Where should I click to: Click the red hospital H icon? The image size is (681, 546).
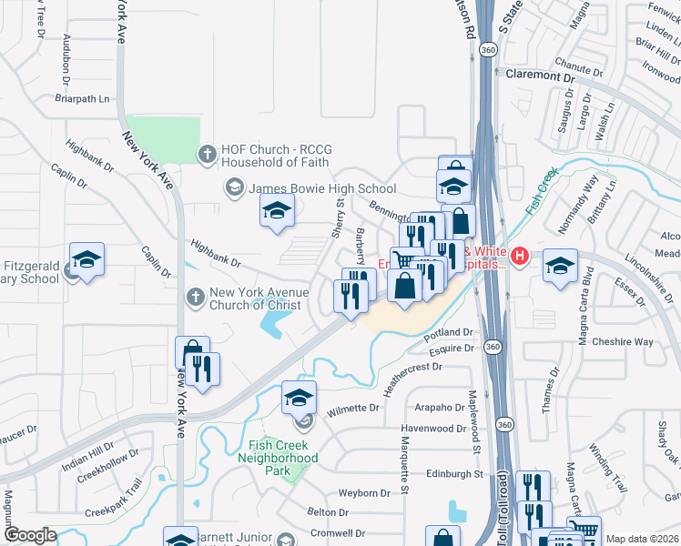click(519, 258)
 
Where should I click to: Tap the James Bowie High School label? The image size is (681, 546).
click(322, 188)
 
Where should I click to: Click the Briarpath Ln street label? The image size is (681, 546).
click(82, 98)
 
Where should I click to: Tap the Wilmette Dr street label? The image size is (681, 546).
click(352, 408)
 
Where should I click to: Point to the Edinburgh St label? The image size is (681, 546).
click(453, 474)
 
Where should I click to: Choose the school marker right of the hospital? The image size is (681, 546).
click(561, 266)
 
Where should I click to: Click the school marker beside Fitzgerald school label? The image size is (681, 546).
click(87, 259)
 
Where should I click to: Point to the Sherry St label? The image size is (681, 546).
click(338, 218)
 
